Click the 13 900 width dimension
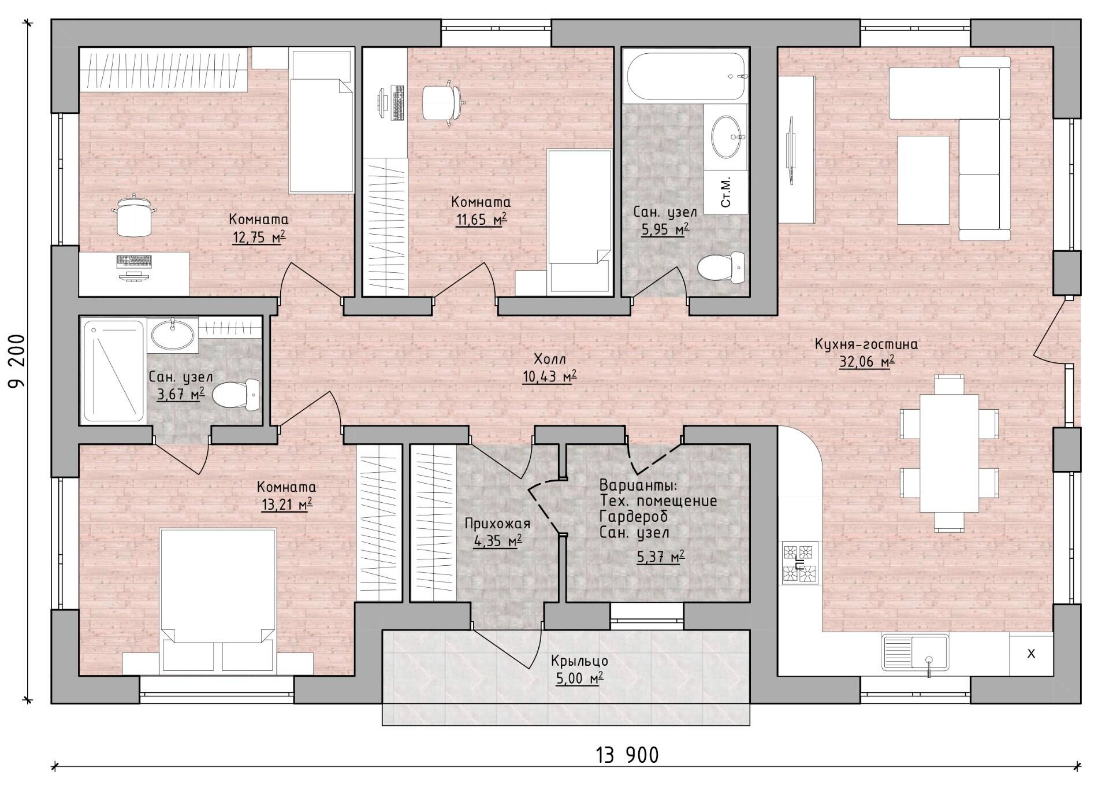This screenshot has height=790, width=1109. [x=627, y=755]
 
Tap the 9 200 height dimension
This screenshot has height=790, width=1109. [x=18, y=362]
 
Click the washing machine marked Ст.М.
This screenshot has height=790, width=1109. [x=726, y=192]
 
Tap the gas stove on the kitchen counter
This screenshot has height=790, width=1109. [x=801, y=563]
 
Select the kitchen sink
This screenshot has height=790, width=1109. [x=915, y=653]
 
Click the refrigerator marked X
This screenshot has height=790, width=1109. [x=1031, y=654]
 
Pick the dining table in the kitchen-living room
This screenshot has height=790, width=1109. [x=949, y=453]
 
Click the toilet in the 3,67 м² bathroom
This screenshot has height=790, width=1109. [x=236, y=395]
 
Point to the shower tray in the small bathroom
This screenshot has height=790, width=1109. [x=114, y=371]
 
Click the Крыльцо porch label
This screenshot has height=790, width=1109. [x=579, y=660]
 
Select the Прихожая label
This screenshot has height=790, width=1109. [x=497, y=524]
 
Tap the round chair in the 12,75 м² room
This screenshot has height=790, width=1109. [x=134, y=216]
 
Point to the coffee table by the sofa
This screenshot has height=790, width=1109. [x=923, y=180]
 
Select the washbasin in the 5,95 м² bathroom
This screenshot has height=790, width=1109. [x=727, y=137]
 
